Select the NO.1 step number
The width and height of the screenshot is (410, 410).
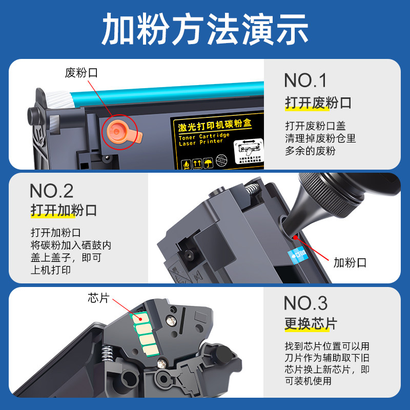[305, 80]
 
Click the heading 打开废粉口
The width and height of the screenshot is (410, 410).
[318, 103]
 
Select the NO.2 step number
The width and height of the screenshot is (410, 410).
[51, 191]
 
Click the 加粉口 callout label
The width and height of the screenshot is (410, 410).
[350, 263]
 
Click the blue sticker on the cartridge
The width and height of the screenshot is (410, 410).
[299, 254]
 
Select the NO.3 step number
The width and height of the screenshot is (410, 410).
[305, 303]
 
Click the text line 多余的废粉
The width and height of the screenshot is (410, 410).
[310, 151]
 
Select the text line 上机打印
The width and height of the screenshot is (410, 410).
[50, 271]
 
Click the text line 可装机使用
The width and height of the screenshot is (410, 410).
[308, 381]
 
